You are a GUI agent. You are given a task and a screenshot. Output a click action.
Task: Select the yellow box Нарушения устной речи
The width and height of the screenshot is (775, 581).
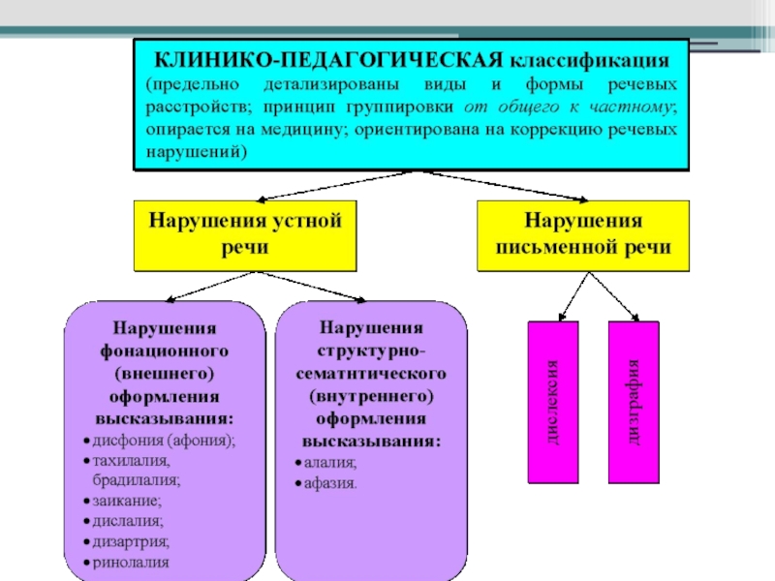click(246, 234)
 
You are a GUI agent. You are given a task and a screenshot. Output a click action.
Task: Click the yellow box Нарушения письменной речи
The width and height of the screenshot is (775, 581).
click(583, 234)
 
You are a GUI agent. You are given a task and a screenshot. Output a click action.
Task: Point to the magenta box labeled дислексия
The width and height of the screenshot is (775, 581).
click(552, 402)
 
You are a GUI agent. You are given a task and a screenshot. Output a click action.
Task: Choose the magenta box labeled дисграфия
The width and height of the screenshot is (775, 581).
click(634, 402)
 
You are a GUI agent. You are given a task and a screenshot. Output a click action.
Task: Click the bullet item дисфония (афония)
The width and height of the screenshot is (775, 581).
click(164, 441)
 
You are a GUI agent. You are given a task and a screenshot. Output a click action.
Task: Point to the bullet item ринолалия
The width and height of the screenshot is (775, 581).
click(131, 562)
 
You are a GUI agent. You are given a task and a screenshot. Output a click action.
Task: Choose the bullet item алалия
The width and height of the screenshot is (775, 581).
click(330, 462)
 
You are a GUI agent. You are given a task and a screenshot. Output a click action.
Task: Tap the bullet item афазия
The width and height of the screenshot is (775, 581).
click(330, 482)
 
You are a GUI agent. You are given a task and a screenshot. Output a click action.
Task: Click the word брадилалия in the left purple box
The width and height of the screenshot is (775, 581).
click(137, 480)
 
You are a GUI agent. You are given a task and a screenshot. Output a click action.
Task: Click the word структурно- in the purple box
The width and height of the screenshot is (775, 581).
click(372, 350)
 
